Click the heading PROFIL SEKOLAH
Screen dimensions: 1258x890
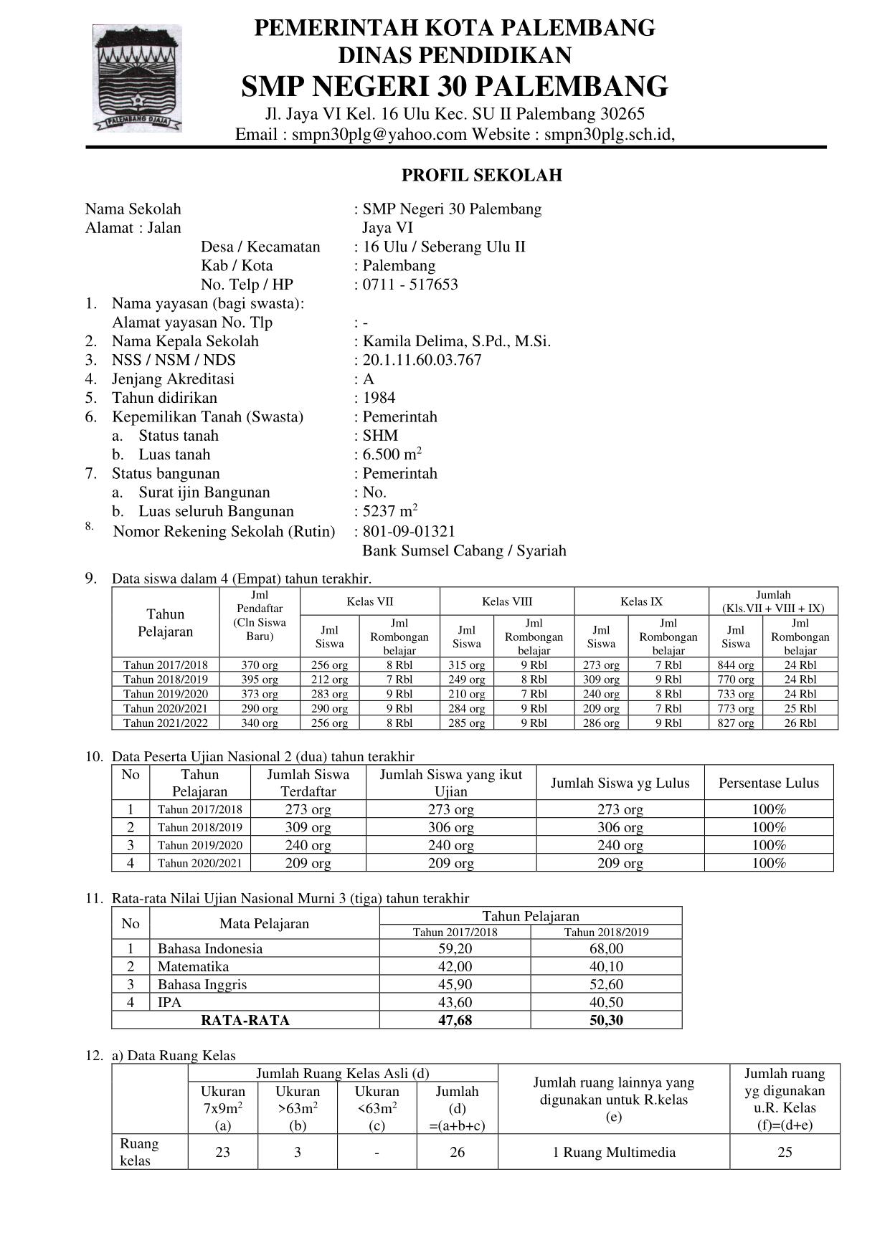click(x=481, y=176)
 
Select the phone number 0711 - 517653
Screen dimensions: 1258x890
click(x=410, y=285)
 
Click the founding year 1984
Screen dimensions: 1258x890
click(x=379, y=398)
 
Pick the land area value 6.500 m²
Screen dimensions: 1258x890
click(x=392, y=454)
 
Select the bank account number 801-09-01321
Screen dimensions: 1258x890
click(x=409, y=531)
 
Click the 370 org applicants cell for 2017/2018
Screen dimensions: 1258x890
click(x=260, y=665)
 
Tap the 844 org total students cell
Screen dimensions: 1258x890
click(x=736, y=665)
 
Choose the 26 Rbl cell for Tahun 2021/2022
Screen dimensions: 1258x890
click(x=800, y=723)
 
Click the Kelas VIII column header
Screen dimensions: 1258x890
click(x=507, y=602)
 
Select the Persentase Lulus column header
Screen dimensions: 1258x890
click(x=769, y=783)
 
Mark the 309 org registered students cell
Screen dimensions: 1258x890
click(x=308, y=827)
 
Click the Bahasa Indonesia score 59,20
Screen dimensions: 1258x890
click(x=455, y=949)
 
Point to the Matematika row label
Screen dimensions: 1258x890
click(x=193, y=967)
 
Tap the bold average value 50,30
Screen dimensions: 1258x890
click(x=606, y=1020)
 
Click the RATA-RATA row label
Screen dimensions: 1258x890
click(x=245, y=1020)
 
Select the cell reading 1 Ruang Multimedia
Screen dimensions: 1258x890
click(x=614, y=1153)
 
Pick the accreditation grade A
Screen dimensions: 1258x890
click(x=369, y=379)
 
